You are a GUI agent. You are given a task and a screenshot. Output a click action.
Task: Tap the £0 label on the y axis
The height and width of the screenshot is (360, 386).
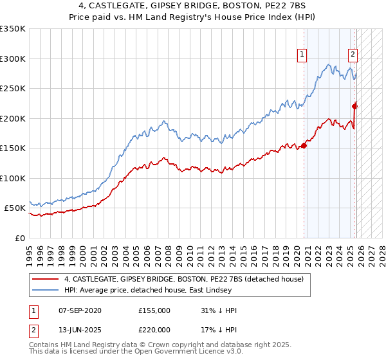click(x=19, y=238)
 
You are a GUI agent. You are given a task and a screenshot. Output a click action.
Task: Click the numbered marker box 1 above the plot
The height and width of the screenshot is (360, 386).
click(x=302, y=55)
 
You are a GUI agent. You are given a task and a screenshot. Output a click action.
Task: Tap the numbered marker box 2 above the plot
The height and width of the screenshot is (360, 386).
click(x=353, y=55)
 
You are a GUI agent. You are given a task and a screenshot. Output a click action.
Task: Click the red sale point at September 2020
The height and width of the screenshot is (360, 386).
click(x=304, y=145)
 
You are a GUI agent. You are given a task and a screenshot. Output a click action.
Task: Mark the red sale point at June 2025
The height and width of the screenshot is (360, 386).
click(x=354, y=107)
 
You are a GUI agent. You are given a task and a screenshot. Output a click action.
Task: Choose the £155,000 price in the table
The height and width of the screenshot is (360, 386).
click(x=154, y=310)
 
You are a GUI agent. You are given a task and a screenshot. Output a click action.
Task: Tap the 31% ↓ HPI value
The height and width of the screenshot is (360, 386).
click(x=219, y=310)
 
